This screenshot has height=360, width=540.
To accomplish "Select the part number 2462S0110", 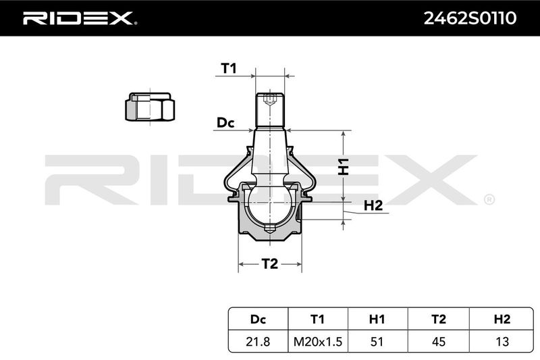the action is click(470, 18).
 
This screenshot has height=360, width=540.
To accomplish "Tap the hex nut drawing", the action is click(150, 107).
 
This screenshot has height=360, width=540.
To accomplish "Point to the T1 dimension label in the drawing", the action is click(229, 68).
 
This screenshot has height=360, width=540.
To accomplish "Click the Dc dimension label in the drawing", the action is click(225, 123).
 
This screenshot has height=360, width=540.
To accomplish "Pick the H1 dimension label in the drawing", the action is click(344, 167).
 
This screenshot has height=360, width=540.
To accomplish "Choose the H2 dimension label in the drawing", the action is click(373, 205).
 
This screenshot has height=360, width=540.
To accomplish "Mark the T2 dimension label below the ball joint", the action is click(269, 264).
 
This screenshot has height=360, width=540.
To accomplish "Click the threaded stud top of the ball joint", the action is click(270, 110).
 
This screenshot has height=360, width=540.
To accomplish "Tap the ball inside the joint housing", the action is click(270, 205).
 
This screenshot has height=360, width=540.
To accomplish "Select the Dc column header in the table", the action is click(259, 319).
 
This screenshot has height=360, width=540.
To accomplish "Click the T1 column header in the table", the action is click(317, 319).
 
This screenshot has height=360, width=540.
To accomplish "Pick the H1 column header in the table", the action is click(377, 319).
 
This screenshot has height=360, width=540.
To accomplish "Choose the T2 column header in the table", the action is click(438, 319).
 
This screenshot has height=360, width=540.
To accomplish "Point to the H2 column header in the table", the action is click(502, 319).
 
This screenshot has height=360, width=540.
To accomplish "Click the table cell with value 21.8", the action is click(258, 341).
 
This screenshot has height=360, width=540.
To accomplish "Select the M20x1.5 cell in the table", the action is click(318, 341).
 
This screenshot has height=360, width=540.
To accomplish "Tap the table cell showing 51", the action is click(377, 341).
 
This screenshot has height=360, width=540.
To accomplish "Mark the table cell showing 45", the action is click(438, 341).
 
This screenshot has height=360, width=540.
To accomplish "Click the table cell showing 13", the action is click(502, 341).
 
